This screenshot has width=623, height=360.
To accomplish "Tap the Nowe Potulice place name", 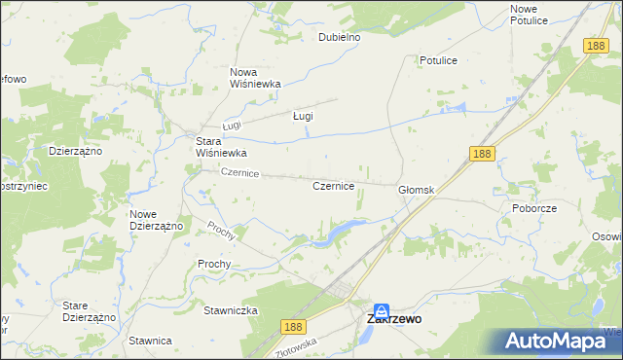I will click(530, 15).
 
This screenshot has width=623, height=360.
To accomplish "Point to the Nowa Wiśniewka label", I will click(255, 78).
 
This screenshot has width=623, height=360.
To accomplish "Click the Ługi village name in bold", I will click(303, 116).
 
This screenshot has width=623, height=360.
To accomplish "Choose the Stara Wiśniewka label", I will click(221, 147).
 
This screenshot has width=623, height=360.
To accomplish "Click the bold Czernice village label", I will click(332, 185).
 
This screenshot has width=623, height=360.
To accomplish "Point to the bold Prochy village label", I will click(213, 264).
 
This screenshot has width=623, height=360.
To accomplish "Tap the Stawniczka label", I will click(230, 310).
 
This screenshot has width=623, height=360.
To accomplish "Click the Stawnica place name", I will click(148, 341).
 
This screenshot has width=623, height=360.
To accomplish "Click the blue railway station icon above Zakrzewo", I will click(383, 305).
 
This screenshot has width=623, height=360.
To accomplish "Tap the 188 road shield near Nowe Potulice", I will click(597, 45).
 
